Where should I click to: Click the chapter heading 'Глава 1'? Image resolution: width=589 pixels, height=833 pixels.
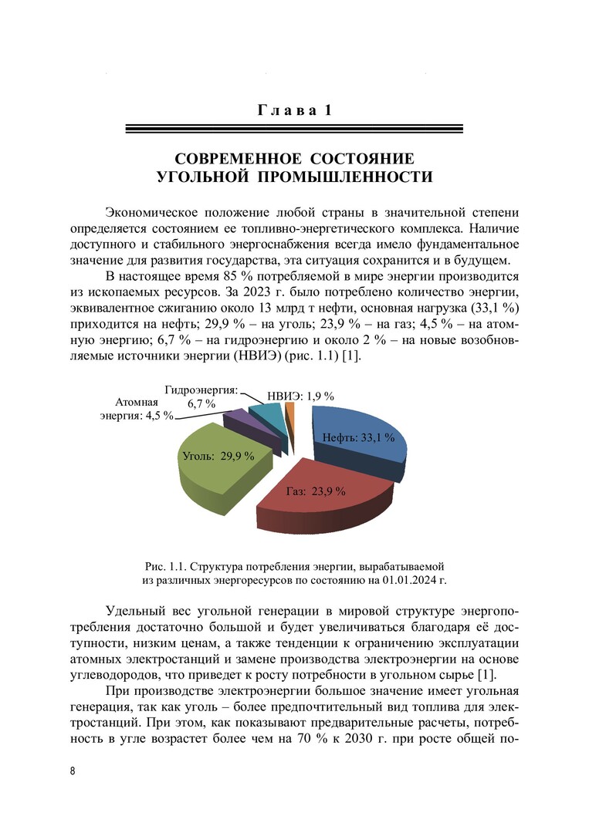click(294, 110)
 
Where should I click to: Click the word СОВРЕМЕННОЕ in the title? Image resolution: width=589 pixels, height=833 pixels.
click(239, 159)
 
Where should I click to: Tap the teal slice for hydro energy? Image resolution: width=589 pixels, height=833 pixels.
click(267, 415)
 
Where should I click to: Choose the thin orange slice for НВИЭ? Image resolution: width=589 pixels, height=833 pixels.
click(289, 416)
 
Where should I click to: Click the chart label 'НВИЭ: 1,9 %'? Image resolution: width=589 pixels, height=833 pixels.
click(300, 396)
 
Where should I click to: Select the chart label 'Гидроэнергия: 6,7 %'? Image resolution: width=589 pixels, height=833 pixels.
click(201, 396)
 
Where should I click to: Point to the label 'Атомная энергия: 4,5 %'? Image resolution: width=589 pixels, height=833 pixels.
click(136, 410)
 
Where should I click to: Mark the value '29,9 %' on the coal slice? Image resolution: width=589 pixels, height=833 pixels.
click(238, 456)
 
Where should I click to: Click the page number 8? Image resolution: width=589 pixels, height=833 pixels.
click(72, 771)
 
